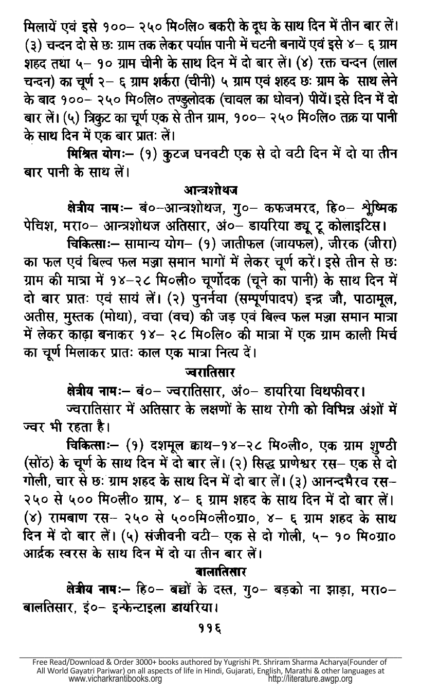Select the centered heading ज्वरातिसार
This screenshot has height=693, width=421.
click(x=211, y=370)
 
